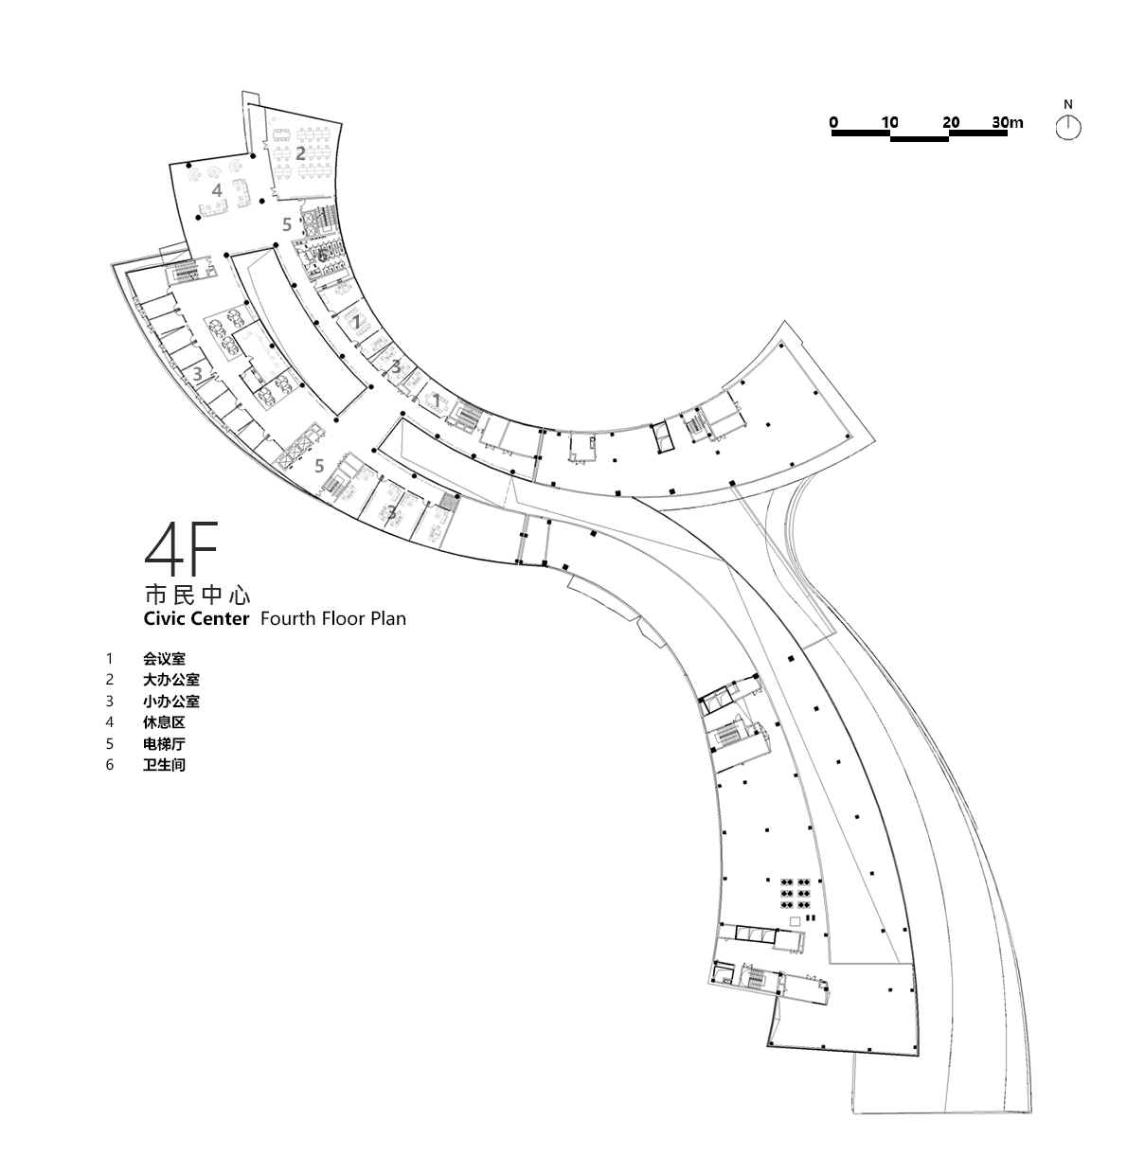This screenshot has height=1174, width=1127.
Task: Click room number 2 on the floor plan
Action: (x=300, y=152)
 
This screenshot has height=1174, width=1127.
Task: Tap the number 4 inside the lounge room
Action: (x=217, y=190)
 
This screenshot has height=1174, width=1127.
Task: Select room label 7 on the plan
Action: (x=357, y=322)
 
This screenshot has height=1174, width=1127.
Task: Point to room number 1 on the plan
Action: (x=437, y=401)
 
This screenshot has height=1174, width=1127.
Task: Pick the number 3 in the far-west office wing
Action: (x=197, y=374)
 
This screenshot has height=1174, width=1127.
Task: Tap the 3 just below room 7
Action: (x=396, y=367)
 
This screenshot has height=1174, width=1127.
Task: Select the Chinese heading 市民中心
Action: (x=196, y=596)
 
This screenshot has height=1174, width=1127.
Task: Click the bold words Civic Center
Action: (x=196, y=619)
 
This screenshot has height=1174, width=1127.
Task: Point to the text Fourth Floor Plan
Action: (x=332, y=619)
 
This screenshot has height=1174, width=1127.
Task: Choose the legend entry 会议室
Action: (x=165, y=658)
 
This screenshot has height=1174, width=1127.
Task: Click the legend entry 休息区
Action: (x=165, y=722)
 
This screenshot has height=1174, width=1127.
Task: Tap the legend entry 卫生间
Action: (x=165, y=765)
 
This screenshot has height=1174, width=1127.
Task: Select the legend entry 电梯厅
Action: (x=165, y=744)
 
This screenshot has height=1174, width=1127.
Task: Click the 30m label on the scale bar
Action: (x=1008, y=122)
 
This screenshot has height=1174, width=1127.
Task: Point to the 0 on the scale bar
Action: (x=833, y=122)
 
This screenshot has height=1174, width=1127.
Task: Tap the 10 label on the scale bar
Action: (x=889, y=122)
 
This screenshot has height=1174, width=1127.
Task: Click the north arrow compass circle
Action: (x=1068, y=128)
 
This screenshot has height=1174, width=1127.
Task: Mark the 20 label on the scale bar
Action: (x=951, y=122)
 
